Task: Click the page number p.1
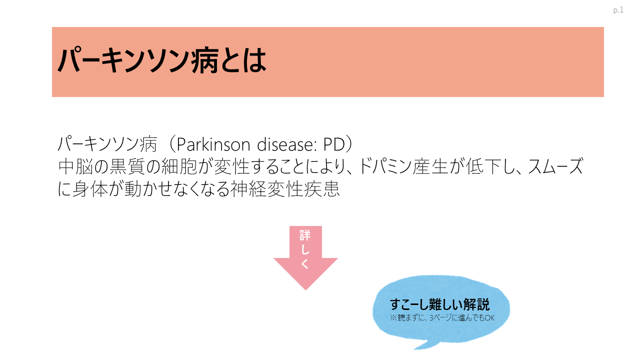pos(618,10)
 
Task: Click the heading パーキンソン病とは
pos(162,61)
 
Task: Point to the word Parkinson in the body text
pos(213,144)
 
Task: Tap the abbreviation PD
pos(334,144)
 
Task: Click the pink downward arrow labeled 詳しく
pos(305,257)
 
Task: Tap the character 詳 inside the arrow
pos(305,235)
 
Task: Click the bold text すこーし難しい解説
pos(439,304)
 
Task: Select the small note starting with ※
pos(442,317)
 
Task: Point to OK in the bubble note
pos(489,317)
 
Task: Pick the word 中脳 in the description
pos(75,166)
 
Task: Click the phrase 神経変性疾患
pos(285,189)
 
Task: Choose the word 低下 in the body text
pos(483,166)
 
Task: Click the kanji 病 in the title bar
pos(205,61)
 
